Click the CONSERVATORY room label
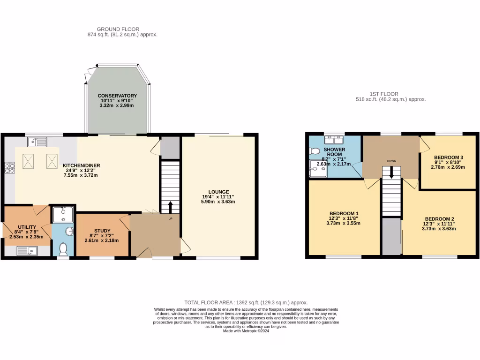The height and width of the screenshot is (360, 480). tap(117, 96)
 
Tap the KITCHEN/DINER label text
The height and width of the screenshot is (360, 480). tap(82, 165)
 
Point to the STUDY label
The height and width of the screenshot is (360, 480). tap(102, 230)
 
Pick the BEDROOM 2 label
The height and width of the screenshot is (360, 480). tap(439, 219)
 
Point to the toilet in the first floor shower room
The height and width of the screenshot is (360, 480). tap(314, 151)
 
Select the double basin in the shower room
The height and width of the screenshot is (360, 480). tap(336, 139)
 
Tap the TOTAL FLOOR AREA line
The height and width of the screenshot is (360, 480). tap(246, 303)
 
